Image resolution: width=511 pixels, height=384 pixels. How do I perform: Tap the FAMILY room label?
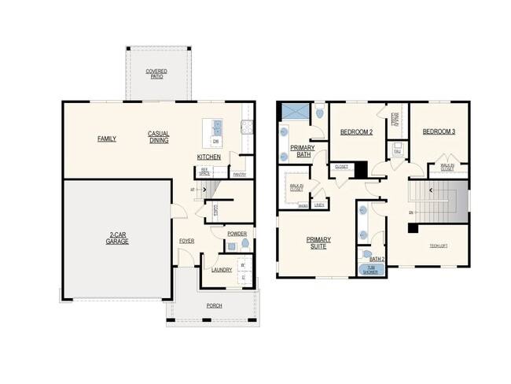(107, 138)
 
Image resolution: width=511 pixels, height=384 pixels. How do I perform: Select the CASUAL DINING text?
(159, 137)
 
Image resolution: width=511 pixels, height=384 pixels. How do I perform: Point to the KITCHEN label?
(208, 157)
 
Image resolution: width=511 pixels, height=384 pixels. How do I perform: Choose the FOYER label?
(186, 241)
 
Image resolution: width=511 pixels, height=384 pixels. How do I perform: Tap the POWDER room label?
(237, 234)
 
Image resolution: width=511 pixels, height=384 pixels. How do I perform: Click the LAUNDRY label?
(221, 270)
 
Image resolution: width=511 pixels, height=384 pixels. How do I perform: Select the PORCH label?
(214, 305)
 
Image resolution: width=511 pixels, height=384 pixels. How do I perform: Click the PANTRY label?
(240, 175)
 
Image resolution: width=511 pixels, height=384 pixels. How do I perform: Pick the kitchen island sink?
(217, 127)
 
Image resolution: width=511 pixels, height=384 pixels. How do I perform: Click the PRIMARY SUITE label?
(318, 242)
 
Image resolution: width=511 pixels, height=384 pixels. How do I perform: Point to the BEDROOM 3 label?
(439, 132)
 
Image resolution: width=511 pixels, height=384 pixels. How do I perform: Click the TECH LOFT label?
(439, 246)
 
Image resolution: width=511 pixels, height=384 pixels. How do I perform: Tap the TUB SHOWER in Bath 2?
(369, 270)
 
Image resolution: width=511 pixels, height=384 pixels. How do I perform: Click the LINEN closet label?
(318, 205)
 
